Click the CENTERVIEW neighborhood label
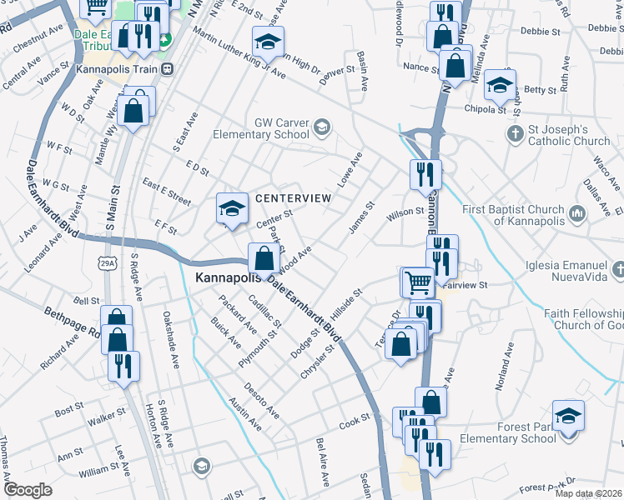tap(293, 198)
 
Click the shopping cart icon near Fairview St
tap(417, 281)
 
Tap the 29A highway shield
tap(107, 241)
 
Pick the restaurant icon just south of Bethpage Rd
tap(123, 365)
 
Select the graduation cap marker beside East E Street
tap(232, 207)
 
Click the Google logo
tap(28, 489)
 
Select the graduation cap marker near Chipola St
tap(499, 83)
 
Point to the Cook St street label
tap(354, 423)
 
